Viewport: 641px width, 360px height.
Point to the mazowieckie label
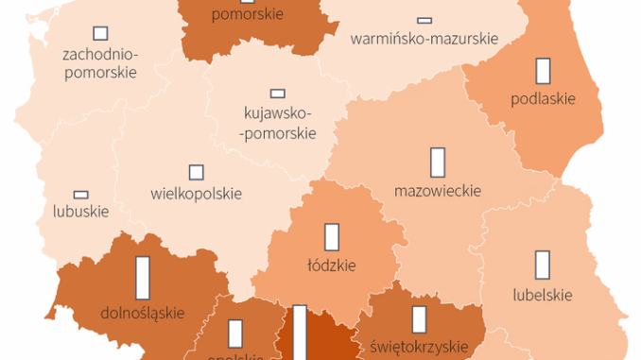pyautogui.click(x=438, y=191)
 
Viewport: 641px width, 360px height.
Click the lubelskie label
pyautogui.click(x=542, y=294)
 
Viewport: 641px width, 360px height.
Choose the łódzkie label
pyautogui.click(x=332, y=265)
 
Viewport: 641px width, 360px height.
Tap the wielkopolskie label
pyautogui.click(x=196, y=194)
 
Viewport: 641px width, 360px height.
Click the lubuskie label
pyautogui.click(x=81, y=211)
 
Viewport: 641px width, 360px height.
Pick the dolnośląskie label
pyautogui.click(x=143, y=311)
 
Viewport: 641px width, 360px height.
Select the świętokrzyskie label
pyautogui.click(x=418, y=347)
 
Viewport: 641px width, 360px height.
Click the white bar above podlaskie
pyautogui.click(x=543, y=72)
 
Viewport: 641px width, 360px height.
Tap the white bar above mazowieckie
pyautogui.click(x=437, y=162)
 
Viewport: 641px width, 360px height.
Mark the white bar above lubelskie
pyautogui.click(x=542, y=265)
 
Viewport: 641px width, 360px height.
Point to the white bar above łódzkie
pyautogui.click(x=332, y=236)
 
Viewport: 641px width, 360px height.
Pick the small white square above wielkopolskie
pyautogui.click(x=196, y=172)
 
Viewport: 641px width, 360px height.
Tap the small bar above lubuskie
pyautogui.click(x=80, y=194)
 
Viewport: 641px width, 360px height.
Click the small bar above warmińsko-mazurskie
pyautogui.click(x=424, y=20)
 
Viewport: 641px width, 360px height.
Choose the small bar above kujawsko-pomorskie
pyautogui.click(x=277, y=93)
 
